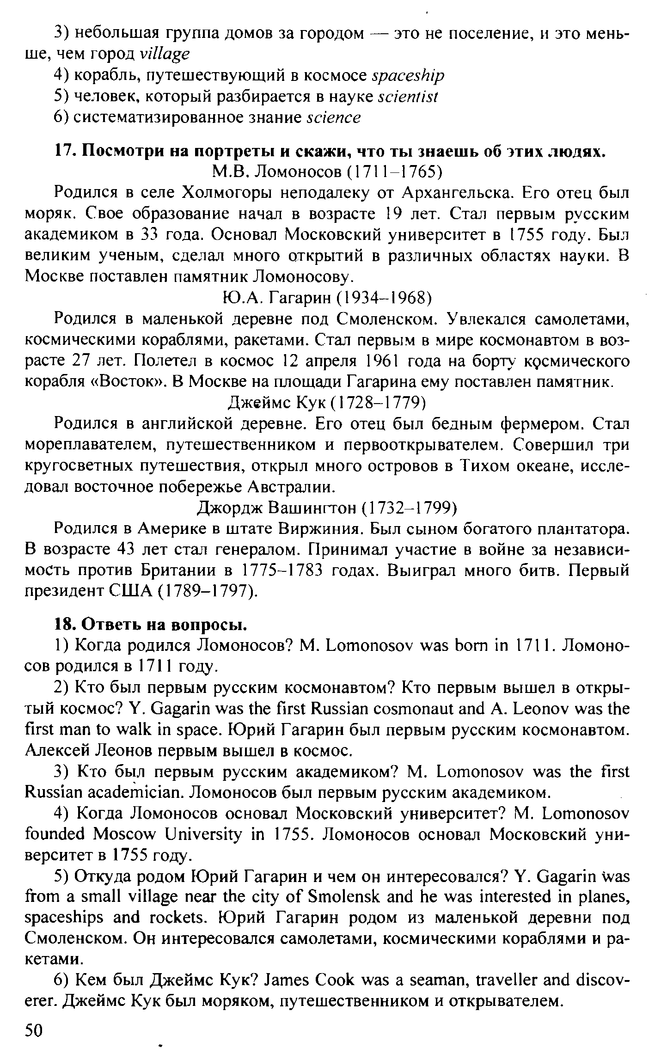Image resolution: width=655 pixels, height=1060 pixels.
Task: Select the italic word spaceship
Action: (x=408, y=75)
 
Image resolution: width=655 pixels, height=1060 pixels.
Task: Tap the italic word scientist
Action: (x=407, y=97)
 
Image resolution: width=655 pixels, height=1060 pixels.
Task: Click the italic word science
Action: (x=333, y=118)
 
